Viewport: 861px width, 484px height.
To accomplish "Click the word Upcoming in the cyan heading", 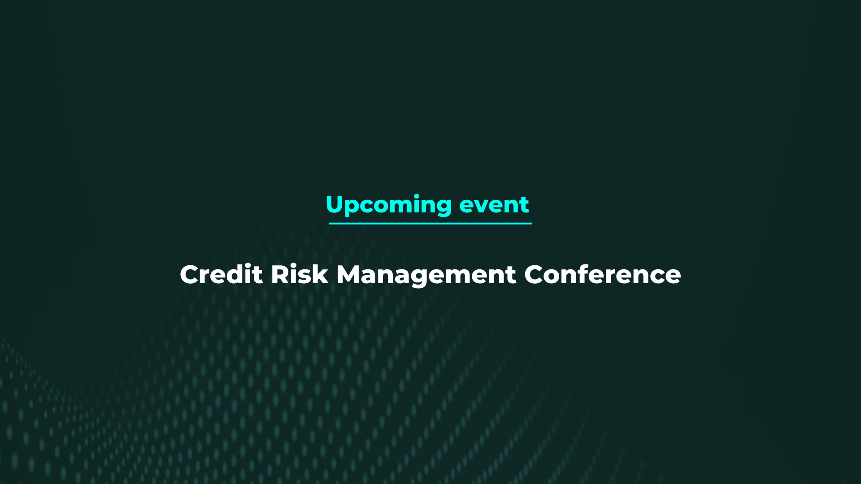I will [x=388, y=205].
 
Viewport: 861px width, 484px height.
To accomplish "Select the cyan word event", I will [x=494, y=205].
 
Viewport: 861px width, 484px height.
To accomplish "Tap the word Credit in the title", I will [x=221, y=274].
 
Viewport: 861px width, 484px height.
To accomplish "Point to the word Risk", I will [x=299, y=274].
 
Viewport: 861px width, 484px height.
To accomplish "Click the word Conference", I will [x=602, y=274].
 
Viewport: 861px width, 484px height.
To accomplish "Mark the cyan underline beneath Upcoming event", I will [x=430, y=223].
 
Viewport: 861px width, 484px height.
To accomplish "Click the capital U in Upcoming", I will [x=335, y=204].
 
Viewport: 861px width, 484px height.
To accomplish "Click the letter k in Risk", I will [x=321, y=274].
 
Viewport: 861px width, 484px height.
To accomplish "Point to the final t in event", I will [x=525, y=205].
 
